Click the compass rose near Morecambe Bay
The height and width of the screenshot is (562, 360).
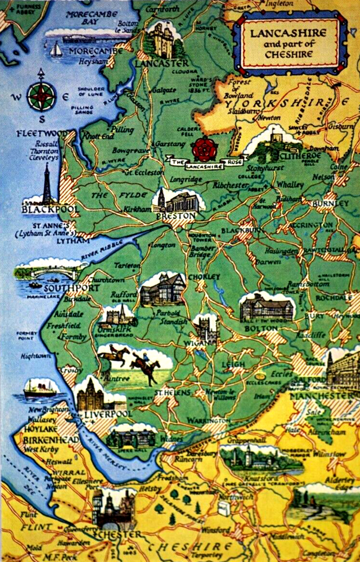point(41,96)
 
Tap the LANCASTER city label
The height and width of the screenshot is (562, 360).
point(162,64)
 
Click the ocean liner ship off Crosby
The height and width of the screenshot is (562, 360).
point(40,388)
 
